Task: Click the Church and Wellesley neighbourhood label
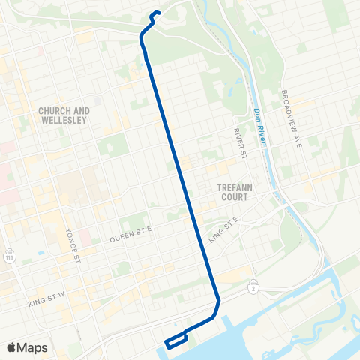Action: click(x=64, y=115)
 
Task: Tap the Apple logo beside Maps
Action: click(x=12, y=347)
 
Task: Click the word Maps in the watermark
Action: click(x=33, y=347)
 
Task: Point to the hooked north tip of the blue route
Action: click(x=156, y=12)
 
